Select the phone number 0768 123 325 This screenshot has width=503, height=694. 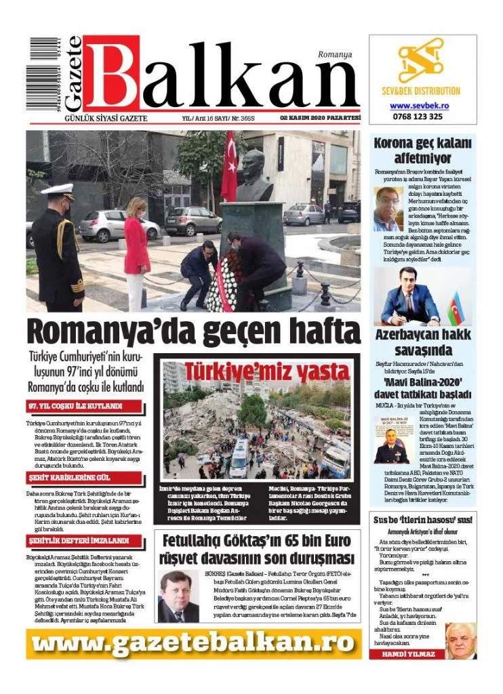pos(417,117)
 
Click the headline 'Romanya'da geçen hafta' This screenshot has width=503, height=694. pos(193,332)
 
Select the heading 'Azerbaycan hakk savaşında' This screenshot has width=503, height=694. pos(422,342)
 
